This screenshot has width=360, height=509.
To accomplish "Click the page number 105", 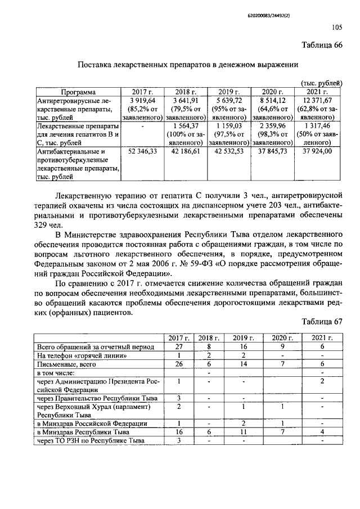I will (337, 26).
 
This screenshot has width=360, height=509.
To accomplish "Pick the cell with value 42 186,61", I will (185, 151).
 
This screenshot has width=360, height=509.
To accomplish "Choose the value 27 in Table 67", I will (178, 346).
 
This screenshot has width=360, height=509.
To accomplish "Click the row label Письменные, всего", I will (60, 364).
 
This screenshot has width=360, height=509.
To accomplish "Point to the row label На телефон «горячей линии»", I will (78, 355).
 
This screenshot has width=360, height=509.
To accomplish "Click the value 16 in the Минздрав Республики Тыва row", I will (178, 431).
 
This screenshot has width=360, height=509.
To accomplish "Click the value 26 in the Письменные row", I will (178, 364).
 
